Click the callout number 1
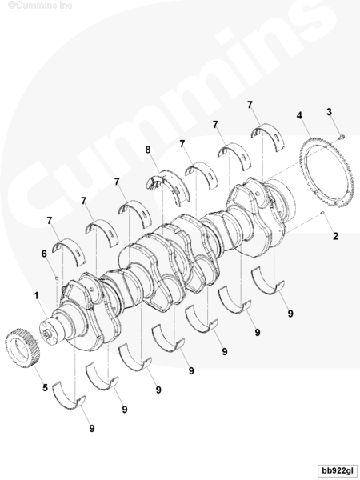36,296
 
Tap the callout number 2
336,236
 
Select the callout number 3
329,112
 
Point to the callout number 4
299,115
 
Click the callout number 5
45,387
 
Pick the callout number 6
44,254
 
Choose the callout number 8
148,150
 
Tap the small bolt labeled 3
342,137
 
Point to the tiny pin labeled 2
322,213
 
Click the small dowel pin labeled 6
57,278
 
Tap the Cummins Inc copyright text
40,6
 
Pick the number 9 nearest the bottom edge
92,429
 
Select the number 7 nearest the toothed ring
250,105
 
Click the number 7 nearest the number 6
50,221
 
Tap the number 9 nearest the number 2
290,314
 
